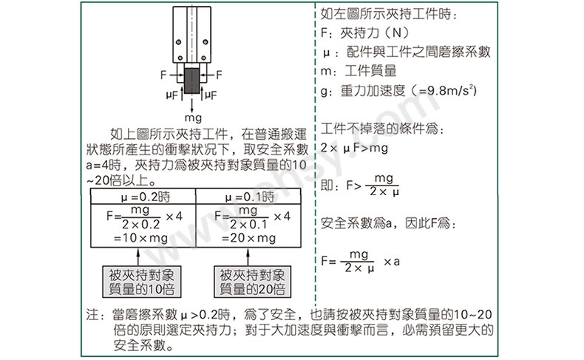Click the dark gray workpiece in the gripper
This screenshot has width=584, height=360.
(x=191, y=81)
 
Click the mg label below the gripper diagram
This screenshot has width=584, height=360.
(x=193, y=118)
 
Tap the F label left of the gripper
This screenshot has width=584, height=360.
(x=163, y=75)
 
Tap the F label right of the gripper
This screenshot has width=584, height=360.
(x=219, y=75)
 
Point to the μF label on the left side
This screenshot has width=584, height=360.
(x=172, y=95)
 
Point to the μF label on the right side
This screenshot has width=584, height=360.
(x=211, y=95)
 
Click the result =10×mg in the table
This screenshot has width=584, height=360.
(x=140, y=237)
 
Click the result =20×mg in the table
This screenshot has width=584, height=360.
(x=249, y=237)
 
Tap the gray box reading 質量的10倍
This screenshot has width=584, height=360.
(x=141, y=282)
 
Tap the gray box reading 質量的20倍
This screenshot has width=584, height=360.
(x=252, y=282)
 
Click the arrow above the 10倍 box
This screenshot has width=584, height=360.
(x=138, y=257)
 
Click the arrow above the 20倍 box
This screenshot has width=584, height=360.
(x=248, y=257)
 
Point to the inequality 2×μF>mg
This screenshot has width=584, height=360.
(x=354, y=148)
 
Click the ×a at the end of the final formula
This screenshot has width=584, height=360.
(x=392, y=262)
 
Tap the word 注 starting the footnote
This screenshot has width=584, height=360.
(x=92, y=315)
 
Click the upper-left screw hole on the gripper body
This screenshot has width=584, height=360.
(x=178, y=41)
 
